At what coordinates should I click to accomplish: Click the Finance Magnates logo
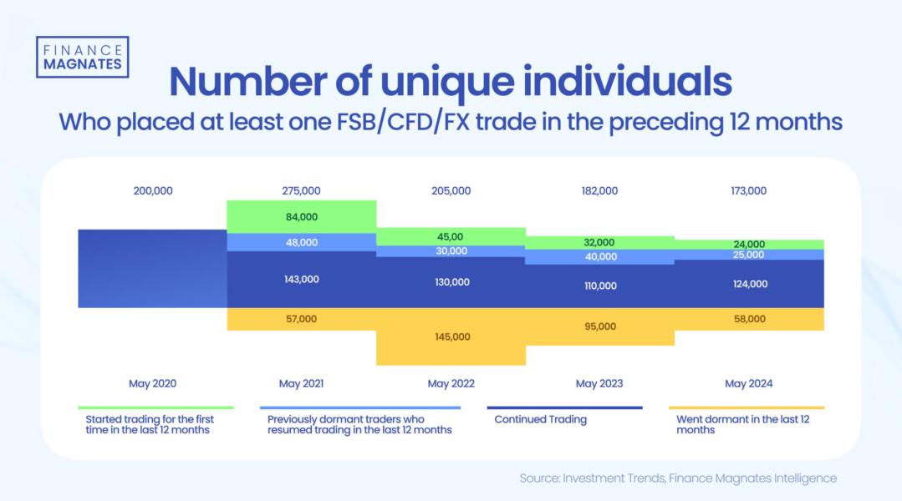(x=82, y=57)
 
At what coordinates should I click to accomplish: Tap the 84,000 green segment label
(x=301, y=217)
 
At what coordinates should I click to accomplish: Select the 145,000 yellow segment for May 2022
(x=451, y=337)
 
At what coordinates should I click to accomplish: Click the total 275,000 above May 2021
(x=301, y=190)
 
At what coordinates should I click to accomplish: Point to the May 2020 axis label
(x=152, y=384)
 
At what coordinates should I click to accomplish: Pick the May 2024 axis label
(x=748, y=384)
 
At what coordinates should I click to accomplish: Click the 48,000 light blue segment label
(x=301, y=242)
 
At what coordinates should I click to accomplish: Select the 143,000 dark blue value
(x=301, y=280)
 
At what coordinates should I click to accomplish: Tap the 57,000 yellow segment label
(x=301, y=319)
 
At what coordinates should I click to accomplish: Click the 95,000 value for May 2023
(x=599, y=326)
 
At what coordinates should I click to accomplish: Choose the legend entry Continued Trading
(x=540, y=419)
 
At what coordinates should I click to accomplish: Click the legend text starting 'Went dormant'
(x=742, y=424)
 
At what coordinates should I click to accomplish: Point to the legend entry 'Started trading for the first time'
(x=150, y=424)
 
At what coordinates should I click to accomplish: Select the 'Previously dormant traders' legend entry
(x=359, y=424)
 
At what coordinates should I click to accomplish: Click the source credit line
(x=677, y=478)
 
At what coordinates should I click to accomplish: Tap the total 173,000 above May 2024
(x=748, y=190)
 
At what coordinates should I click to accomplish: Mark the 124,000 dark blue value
(x=748, y=284)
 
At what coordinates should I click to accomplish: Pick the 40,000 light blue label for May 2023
(x=599, y=257)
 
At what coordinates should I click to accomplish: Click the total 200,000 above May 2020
(x=152, y=190)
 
